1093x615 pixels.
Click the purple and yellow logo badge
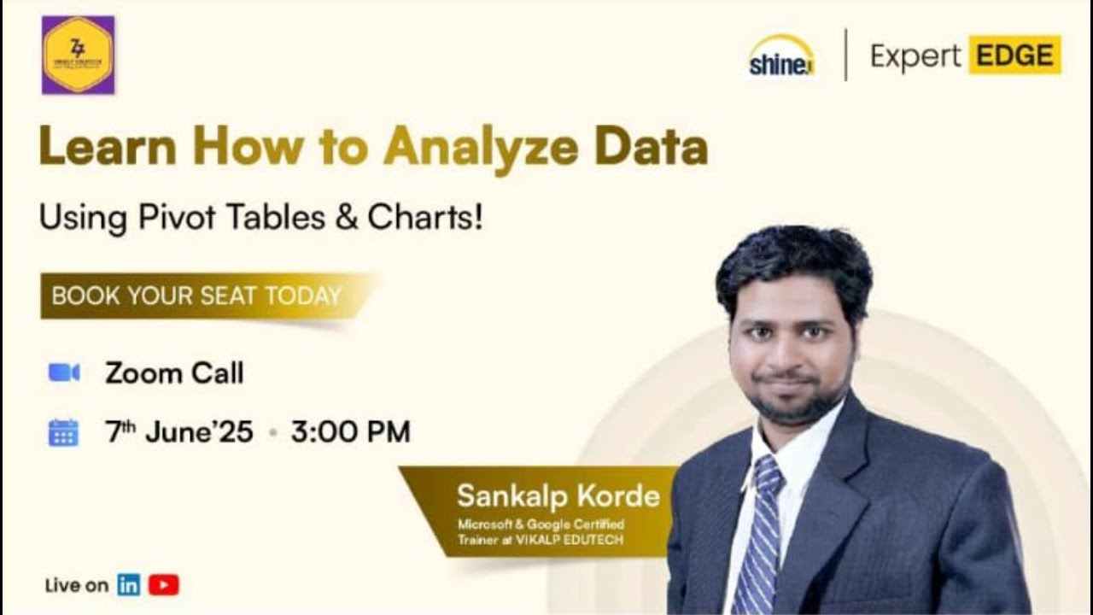[x=78, y=55]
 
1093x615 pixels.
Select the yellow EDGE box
[x=1014, y=56]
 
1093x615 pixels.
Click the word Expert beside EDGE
[x=915, y=56]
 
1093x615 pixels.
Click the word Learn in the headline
[x=108, y=147]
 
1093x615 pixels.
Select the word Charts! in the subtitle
[x=425, y=218]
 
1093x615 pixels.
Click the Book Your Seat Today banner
[x=196, y=296]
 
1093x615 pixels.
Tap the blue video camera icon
[x=64, y=372]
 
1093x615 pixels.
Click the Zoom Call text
[x=174, y=373]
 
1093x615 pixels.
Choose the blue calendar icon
[x=63, y=432]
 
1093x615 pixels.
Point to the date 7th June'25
[x=179, y=432]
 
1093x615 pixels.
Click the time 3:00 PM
[x=350, y=432]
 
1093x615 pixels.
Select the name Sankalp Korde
[x=558, y=496]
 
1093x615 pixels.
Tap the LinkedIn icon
[x=129, y=585]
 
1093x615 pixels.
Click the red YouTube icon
[x=163, y=585]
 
